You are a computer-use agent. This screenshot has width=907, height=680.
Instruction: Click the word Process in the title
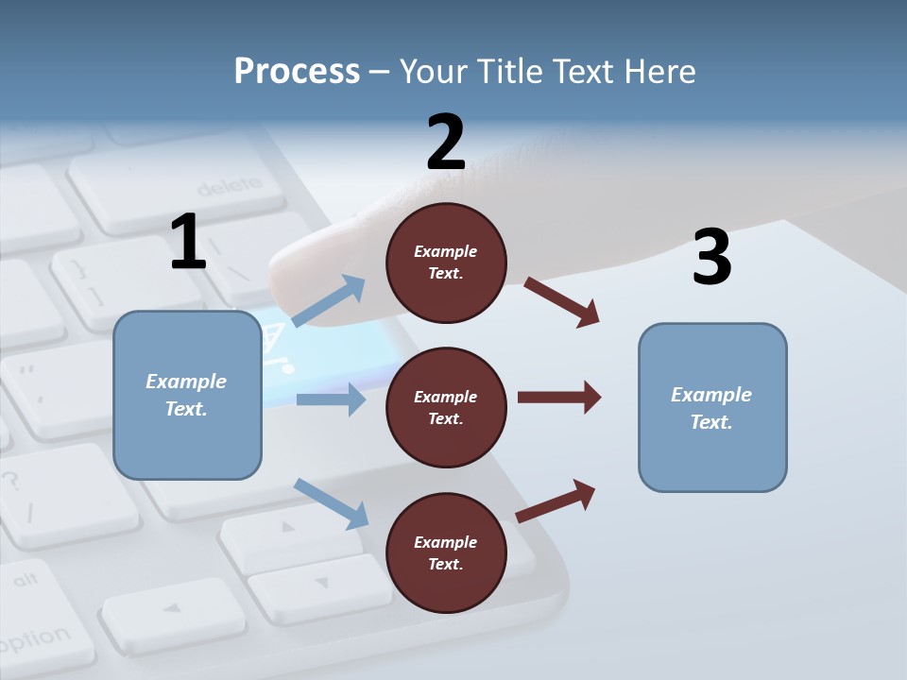click(x=297, y=72)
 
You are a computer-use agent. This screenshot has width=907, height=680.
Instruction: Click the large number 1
click(x=188, y=242)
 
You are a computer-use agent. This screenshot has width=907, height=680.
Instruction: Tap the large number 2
click(x=446, y=143)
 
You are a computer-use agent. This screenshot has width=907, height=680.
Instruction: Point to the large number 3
click(x=711, y=257)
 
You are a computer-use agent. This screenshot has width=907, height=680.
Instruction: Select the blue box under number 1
click(x=187, y=395)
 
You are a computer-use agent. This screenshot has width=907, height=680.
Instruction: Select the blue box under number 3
click(x=712, y=407)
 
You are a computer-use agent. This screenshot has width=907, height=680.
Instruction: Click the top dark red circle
click(x=446, y=263)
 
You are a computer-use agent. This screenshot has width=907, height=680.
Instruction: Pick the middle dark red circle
click(x=446, y=407)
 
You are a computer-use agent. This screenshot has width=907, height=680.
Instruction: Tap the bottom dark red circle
click(x=446, y=552)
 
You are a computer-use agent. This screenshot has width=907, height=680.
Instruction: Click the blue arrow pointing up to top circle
click(x=329, y=301)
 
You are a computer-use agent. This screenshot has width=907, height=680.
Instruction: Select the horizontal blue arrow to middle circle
click(x=331, y=399)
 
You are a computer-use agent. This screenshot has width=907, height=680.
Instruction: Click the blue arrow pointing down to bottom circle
click(x=331, y=502)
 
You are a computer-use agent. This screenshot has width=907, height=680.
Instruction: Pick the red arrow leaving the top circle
click(x=561, y=301)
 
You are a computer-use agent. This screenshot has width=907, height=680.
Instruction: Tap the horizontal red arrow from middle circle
click(x=558, y=397)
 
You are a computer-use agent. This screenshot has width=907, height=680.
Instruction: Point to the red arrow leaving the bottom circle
click(x=556, y=501)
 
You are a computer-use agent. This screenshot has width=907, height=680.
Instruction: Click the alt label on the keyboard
click(x=26, y=578)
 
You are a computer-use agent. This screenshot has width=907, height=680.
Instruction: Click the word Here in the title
click(x=660, y=72)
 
